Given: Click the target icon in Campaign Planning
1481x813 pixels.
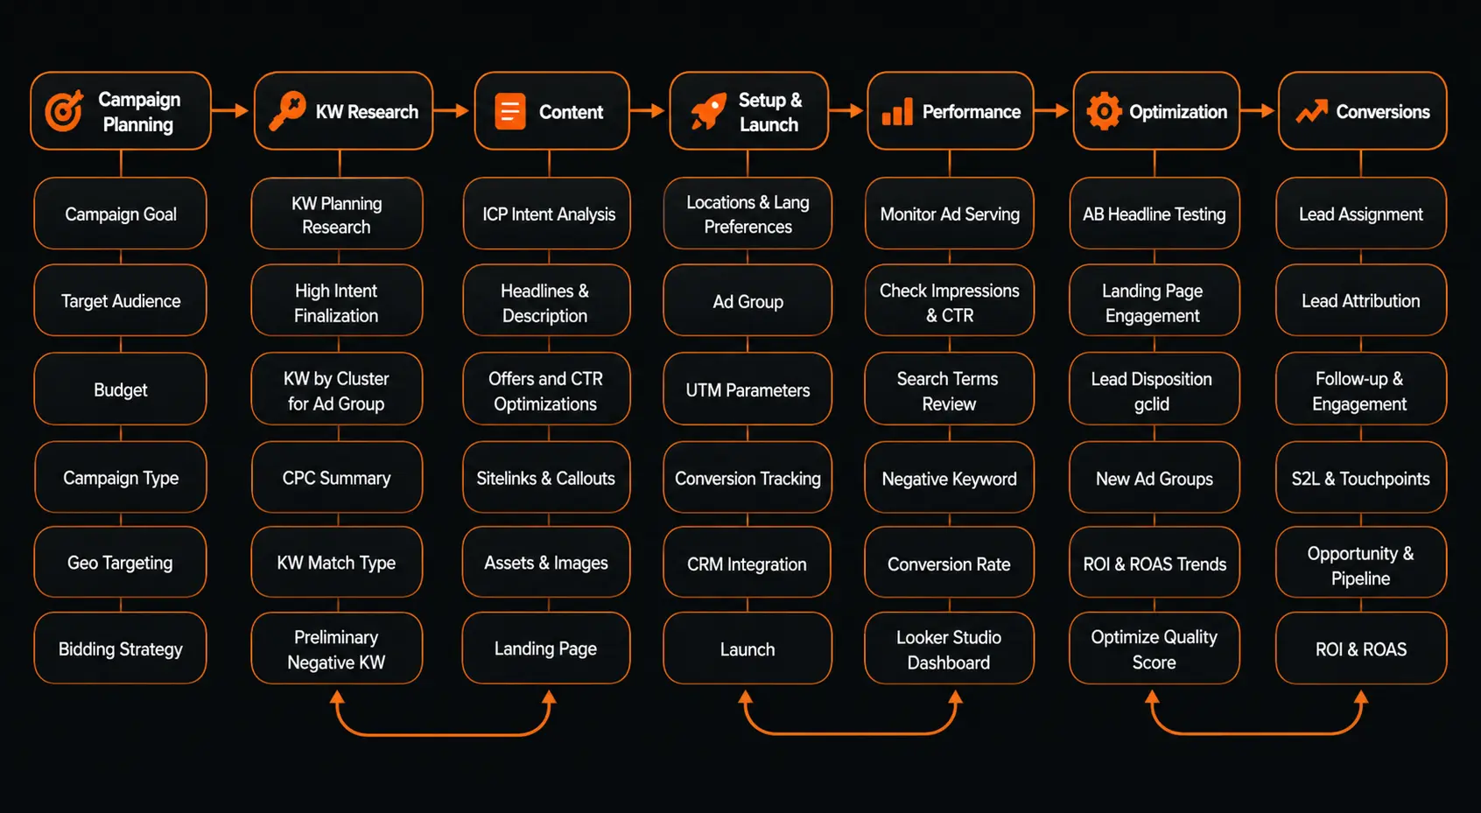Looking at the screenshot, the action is coord(64,110).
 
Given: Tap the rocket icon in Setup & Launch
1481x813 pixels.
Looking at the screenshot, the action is coord(708,110).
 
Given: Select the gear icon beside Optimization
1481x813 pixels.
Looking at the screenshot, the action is coord(1104,111).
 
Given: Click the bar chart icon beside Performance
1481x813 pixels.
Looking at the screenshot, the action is coord(897,112).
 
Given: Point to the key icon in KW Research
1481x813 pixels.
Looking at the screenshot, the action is coord(288,110).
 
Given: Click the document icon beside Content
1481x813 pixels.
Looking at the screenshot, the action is coord(509,111).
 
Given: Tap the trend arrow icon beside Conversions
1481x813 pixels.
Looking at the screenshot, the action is coord(1312,111).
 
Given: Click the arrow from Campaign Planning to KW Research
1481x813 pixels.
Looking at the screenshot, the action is coord(230,110).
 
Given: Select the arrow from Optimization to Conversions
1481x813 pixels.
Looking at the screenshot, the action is coord(1257,110).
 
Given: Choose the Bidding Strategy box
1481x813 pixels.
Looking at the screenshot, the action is coord(120,648).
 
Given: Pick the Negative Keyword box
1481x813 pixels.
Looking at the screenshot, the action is coord(949,477).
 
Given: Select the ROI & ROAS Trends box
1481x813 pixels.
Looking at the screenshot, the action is coord(1155,563).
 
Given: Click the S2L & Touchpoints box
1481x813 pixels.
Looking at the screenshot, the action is coord(1361,477).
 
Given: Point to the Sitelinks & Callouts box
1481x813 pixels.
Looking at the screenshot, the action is coord(546,477).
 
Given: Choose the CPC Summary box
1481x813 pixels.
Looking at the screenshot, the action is coord(336,477).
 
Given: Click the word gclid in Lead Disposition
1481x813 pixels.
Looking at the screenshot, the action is coord(1152,403).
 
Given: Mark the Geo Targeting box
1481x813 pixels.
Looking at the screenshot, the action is coord(120,563).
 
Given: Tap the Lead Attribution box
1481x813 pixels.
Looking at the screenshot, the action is coord(1361,300).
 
